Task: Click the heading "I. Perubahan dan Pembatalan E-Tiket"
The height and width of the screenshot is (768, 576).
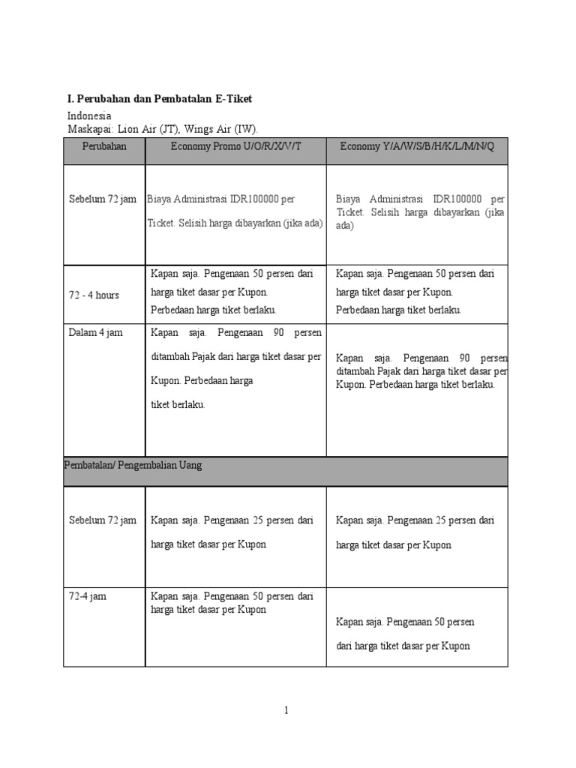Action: click(160, 98)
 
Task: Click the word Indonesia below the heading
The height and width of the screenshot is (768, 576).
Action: click(89, 115)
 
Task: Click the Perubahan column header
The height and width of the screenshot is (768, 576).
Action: click(104, 146)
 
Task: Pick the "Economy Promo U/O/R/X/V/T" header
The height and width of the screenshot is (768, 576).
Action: click(236, 146)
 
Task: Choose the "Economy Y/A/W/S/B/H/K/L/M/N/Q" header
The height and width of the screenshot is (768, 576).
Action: click(417, 146)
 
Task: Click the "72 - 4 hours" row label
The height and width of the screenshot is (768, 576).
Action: click(94, 295)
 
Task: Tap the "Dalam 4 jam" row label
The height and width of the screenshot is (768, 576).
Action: click(95, 333)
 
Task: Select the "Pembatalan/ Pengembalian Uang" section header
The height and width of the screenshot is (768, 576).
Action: click(133, 465)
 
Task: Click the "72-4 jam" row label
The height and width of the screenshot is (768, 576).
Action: click(87, 596)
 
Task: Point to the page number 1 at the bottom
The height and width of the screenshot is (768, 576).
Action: click(286, 711)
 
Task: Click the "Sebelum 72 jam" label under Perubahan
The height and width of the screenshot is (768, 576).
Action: click(102, 199)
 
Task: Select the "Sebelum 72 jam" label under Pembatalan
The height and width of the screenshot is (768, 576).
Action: click(102, 520)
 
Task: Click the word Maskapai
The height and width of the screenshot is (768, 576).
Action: click(88, 129)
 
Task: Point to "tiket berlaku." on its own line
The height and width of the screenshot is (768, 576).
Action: click(178, 404)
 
